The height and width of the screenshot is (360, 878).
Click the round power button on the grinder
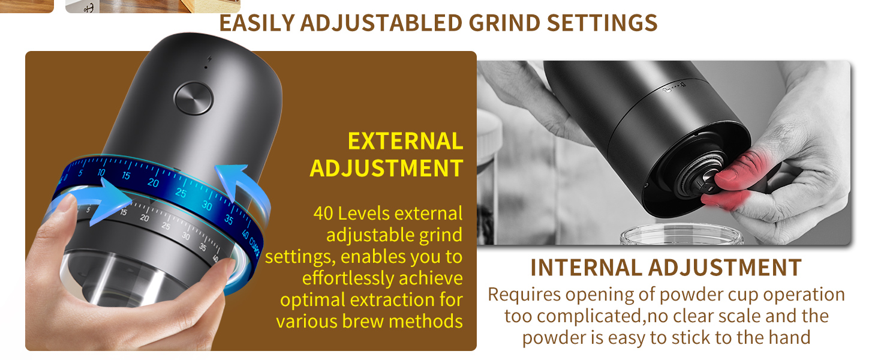(193, 98)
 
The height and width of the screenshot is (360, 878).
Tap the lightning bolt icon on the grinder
(209, 59)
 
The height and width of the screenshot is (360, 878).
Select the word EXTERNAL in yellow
(405, 141)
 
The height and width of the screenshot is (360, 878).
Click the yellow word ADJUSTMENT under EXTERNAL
(386, 168)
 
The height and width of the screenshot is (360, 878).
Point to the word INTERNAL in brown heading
(586, 268)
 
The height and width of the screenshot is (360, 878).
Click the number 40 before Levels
(323, 214)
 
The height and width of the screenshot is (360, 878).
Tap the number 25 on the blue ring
(181, 193)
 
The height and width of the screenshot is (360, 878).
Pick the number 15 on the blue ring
(126, 176)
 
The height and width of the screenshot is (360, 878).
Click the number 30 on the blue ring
(207, 205)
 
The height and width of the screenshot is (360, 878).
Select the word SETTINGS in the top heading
(602, 23)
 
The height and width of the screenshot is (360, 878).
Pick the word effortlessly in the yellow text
(347, 278)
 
